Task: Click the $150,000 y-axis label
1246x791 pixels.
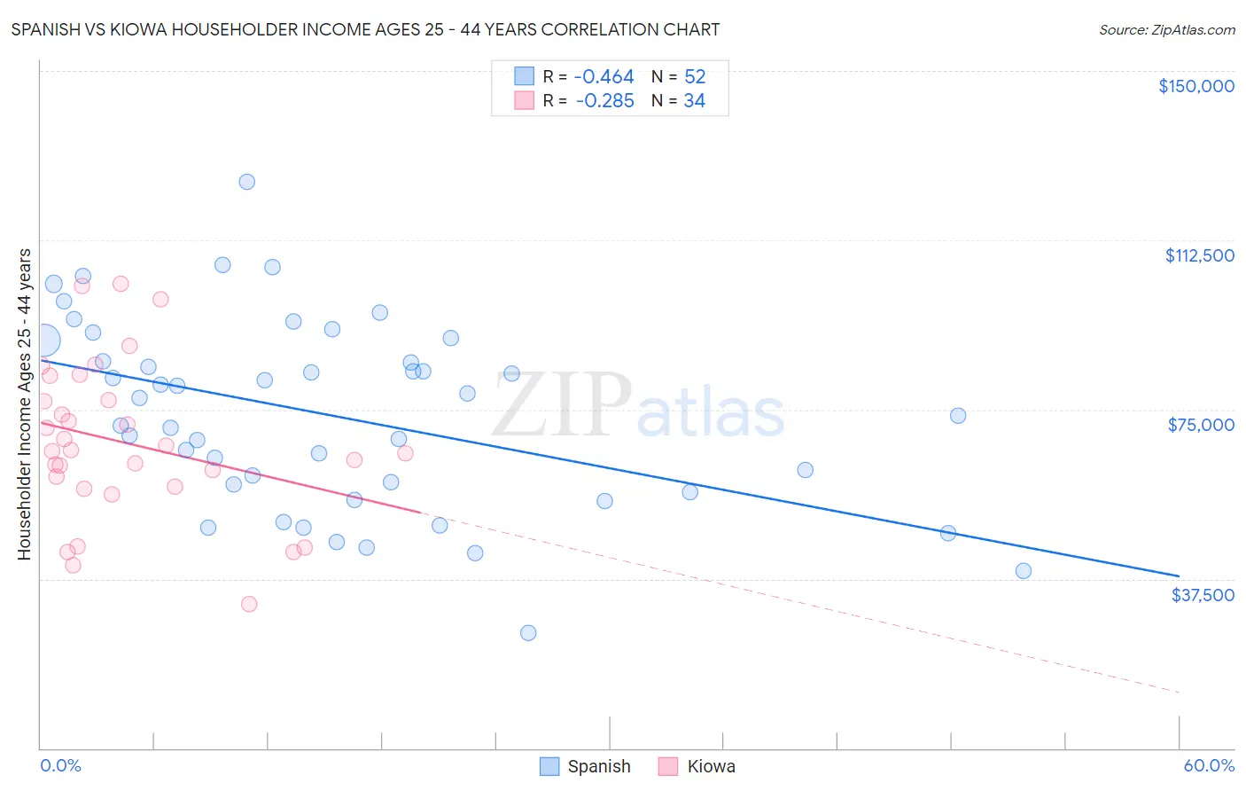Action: (x=1195, y=86)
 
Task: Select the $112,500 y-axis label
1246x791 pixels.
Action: (x=1199, y=255)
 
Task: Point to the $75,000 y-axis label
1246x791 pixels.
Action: (x=1201, y=425)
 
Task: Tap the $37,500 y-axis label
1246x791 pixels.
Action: (x=1203, y=595)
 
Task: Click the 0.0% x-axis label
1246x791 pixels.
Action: (x=60, y=765)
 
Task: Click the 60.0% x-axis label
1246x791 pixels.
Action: (x=1209, y=765)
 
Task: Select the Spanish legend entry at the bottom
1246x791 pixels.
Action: (x=586, y=766)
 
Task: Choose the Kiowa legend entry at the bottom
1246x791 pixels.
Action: (x=697, y=766)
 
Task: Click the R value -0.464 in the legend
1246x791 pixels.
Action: (x=604, y=77)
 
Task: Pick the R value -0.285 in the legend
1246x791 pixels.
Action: (x=604, y=101)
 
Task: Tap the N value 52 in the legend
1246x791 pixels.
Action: (x=695, y=77)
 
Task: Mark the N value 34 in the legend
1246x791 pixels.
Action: (x=695, y=101)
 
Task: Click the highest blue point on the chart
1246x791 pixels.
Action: (x=247, y=182)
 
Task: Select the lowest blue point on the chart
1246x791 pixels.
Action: (x=528, y=633)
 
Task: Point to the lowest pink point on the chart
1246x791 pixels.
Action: (x=249, y=604)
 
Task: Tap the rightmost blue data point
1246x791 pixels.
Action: (x=1024, y=571)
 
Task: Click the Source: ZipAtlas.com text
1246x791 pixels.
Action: (x=1166, y=30)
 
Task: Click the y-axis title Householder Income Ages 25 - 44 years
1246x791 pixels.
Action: (x=25, y=404)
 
